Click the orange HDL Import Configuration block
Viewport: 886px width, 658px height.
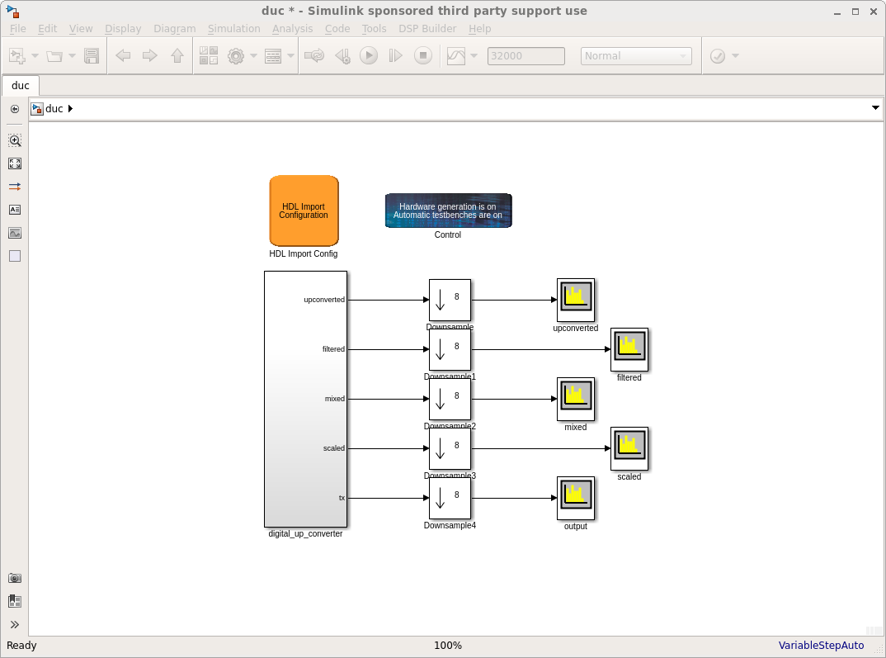(304, 211)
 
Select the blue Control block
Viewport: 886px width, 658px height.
(448, 211)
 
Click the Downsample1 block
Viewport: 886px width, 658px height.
(450, 349)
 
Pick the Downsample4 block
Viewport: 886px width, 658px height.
(450, 498)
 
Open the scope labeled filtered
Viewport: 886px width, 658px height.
(629, 349)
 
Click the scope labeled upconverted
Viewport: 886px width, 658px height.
(576, 300)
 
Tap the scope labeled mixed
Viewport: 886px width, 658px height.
(576, 399)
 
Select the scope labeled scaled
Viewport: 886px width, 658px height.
(629, 448)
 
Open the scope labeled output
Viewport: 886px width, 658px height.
(576, 498)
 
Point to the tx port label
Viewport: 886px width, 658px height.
(342, 498)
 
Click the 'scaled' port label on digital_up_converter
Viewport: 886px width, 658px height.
(334, 448)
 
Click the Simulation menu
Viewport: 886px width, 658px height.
(233, 28)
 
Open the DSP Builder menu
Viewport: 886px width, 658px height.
(427, 28)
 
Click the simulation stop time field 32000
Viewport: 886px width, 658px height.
(526, 56)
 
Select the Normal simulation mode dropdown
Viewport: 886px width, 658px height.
(636, 56)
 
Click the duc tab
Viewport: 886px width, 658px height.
(21, 85)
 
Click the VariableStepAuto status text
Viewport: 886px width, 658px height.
(821, 646)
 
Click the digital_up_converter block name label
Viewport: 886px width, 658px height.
(305, 534)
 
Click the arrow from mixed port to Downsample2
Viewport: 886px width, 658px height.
(388, 399)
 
